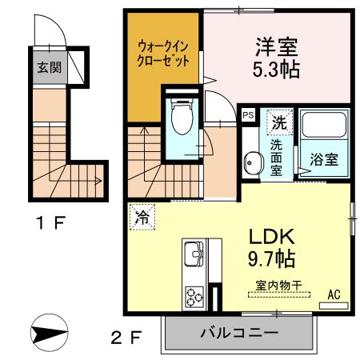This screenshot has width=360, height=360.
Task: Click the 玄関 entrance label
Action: [x=50, y=67]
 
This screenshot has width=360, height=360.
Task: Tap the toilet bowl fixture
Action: [x=182, y=117]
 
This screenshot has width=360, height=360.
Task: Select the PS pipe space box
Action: [x=248, y=115]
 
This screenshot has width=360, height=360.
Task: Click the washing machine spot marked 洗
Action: [x=279, y=122]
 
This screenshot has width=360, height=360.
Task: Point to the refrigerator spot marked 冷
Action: [x=142, y=217]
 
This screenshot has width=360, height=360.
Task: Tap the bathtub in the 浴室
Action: [x=324, y=125]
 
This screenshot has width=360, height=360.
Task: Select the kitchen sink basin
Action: [x=193, y=254]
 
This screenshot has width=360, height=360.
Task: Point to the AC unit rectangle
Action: [x=334, y=306]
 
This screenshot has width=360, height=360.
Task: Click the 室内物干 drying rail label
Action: [x=278, y=286]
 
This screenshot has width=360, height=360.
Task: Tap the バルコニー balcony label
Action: [x=239, y=332]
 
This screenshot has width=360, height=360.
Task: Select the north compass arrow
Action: [x=50, y=333]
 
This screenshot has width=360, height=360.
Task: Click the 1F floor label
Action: [x=50, y=223]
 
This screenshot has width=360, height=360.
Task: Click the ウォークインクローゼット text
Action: [x=163, y=54]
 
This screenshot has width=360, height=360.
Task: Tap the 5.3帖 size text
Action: [x=276, y=70]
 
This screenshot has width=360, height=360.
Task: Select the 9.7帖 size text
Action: [x=271, y=259]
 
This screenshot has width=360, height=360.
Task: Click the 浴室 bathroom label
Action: [x=324, y=159]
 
